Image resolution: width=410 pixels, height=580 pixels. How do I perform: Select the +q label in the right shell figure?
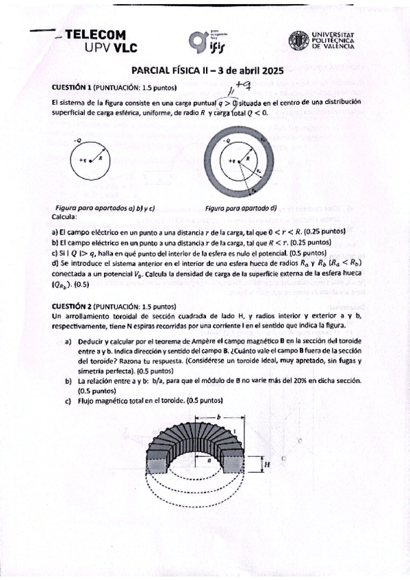[x=232, y=161]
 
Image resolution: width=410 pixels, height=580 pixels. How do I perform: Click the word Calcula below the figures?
[x=65, y=216]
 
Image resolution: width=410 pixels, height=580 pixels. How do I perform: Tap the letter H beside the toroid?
[x=267, y=466]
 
